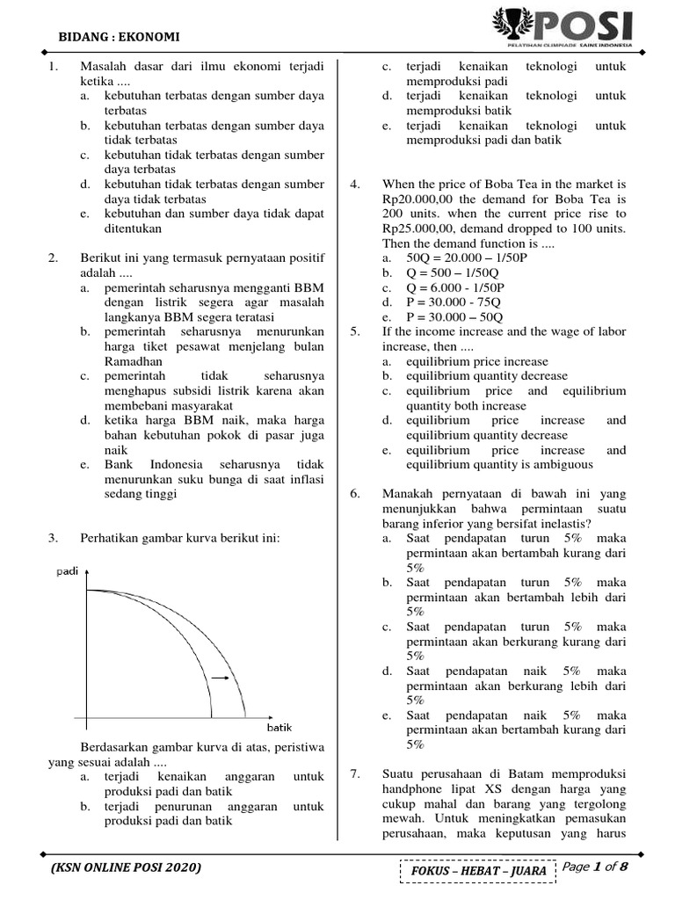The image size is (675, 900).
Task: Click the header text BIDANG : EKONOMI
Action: tap(119, 37)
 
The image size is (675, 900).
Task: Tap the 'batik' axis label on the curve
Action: tap(279, 728)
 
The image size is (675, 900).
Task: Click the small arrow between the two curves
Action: tap(221, 679)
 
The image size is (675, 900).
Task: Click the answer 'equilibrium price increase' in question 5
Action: tap(476, 361)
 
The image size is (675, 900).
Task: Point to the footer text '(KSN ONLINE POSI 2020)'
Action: tap(126, 867)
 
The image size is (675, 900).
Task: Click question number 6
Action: tap(354, 494)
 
